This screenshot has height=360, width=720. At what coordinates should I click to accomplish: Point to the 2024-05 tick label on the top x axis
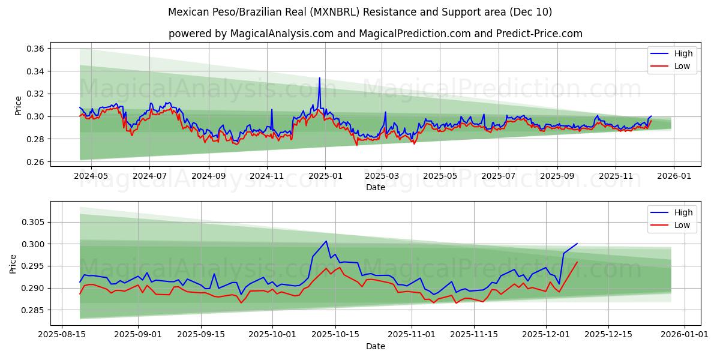point(91,176)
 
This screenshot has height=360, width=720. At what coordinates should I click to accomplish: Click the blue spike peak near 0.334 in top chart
point(319,78)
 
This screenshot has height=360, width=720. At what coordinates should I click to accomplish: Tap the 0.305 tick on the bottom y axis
point(34,222)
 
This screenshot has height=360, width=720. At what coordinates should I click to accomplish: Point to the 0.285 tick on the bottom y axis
point(34,310)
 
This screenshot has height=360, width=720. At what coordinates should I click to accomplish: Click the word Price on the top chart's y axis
point(18,106)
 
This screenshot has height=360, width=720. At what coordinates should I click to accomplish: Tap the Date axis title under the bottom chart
point(376,346)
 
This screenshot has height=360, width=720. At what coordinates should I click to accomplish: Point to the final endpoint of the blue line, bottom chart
point(577,244)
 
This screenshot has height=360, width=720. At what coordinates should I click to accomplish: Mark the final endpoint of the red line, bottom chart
point(577,262)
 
